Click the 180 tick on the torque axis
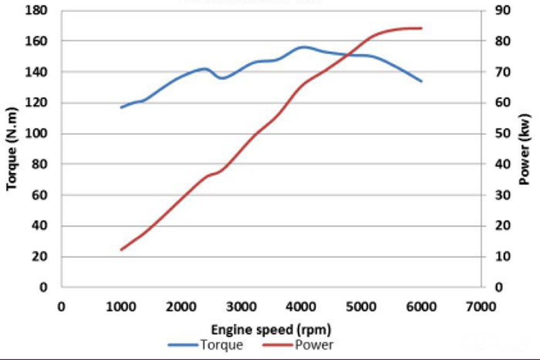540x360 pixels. (46, 10)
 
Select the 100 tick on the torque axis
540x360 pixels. (46, 134)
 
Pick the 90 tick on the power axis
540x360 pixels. (496, 10)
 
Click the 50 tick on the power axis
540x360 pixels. (496, 134)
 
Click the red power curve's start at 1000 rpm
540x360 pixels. (121, 250)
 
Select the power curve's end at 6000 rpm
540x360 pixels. (421, 28)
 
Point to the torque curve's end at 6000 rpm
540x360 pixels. (421, 81)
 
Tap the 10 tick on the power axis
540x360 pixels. (496, 256)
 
